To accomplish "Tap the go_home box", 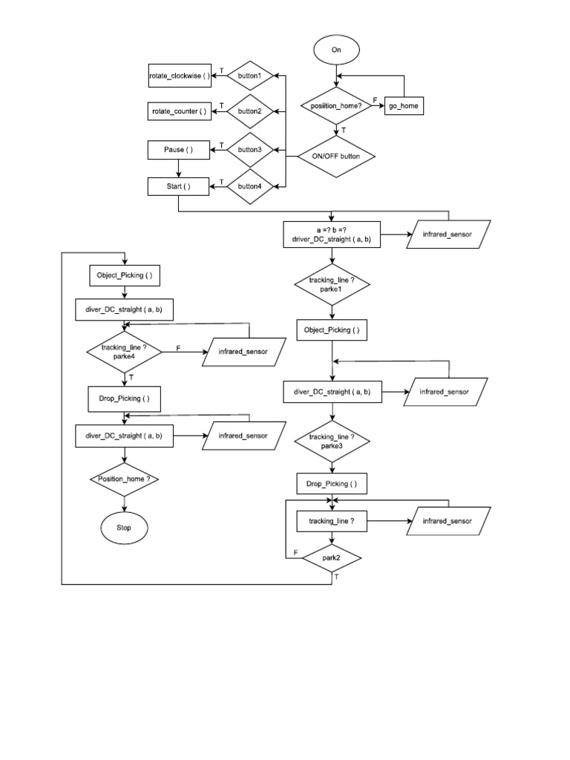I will tap(403, 107).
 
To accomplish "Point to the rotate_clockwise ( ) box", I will tap(180, 75).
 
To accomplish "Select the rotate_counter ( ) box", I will tap(180, 112).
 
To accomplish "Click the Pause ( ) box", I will tap(178, 150).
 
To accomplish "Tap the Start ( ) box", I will tap(178, 186).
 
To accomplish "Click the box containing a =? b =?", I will tap(332, 235).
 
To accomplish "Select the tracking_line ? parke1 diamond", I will tap(332, 286).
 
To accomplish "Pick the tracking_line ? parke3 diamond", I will tap(332, 442).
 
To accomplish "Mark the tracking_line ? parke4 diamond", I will tap(124, 351).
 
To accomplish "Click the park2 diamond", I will tap(332, 557).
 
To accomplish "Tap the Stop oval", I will tap(124, 528).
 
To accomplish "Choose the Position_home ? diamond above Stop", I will tap(124, 479).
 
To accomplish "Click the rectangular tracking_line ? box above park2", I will tap(332, 522).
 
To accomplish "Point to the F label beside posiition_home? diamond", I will tap(374, 99).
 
